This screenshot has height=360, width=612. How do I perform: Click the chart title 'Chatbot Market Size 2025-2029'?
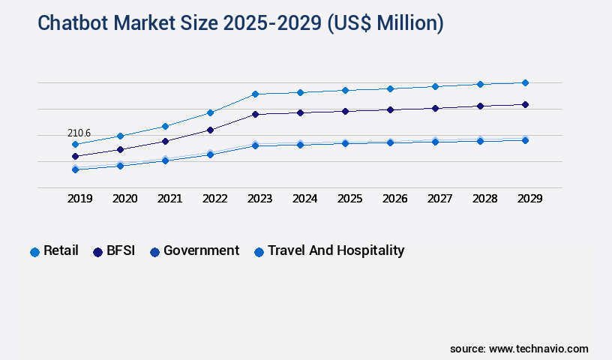tap(240, 23)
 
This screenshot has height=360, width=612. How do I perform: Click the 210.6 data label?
tap(79, 133)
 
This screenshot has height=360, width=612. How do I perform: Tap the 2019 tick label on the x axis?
tap(79, 199)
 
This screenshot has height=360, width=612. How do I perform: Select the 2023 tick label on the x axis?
tap(260, 199)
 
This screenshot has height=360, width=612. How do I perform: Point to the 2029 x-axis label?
tap(529, 199)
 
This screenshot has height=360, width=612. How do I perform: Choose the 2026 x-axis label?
tap(394, 199)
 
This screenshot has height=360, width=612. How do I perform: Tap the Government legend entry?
tap(194, 251)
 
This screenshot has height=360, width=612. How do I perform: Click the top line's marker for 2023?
tap(255, 94)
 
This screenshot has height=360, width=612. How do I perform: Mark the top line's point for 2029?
tap(525, 82)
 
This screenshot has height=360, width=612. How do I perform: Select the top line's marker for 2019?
tap(75, 144)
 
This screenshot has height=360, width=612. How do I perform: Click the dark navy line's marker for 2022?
tap(210, 130)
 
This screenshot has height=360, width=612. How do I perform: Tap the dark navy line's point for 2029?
tap(525, 104)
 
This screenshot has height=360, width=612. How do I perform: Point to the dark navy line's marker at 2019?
tap(75, 156)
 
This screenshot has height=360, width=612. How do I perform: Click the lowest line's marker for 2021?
tap(165, 160)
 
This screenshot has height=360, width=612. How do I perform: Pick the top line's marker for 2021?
tap(165, 126)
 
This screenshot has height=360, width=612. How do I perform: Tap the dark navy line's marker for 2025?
tap(345, 111)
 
